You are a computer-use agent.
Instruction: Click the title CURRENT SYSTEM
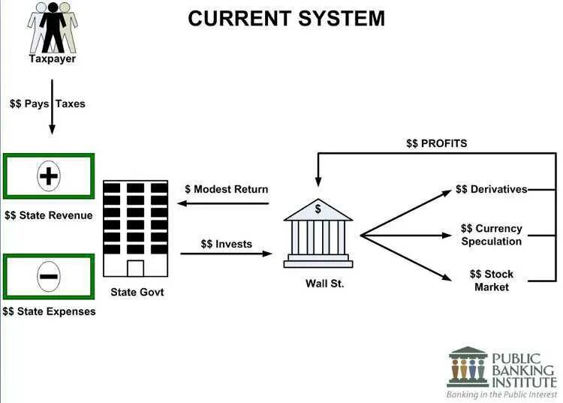click(286, 18)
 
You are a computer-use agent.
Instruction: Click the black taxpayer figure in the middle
click(52, 27)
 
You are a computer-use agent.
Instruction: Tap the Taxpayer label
click(52, 59)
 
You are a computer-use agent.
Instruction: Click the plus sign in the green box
click(48, 177)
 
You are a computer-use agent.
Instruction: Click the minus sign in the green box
click(48, 276)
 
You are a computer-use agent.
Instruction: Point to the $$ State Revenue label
click(48, 215)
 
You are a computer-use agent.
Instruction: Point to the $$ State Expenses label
click(49, 311)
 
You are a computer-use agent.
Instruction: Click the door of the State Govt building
click(135, 268)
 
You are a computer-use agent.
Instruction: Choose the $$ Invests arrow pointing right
click(226, 254)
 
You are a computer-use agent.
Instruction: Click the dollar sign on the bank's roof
click(318, 209)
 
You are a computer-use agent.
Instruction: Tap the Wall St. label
click(324, 284)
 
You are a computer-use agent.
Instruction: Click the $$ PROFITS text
click(436, 143)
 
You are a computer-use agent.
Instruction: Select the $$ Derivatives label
click(491, 189)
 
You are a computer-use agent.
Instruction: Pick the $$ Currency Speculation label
click(491, 235)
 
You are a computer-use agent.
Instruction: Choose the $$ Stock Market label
click(491, 281)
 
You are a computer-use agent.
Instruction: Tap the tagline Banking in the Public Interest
click(501, 394)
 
